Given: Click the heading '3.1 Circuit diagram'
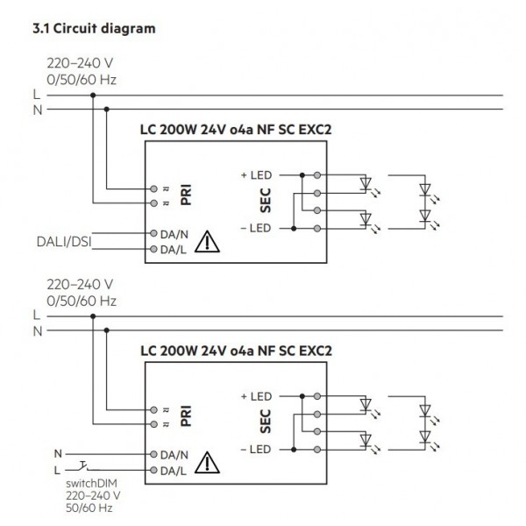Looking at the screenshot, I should pos(93,29).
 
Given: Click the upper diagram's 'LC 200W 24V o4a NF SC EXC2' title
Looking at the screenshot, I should pos(236,128).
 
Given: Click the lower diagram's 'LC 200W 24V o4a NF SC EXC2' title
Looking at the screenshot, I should pos(236,350).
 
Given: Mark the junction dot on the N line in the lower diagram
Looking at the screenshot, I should pos(106,331).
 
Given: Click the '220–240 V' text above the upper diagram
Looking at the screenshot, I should pos(79,64).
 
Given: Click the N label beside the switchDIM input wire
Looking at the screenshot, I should pos(58,454).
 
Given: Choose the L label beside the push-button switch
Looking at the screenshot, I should pos(58,471).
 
